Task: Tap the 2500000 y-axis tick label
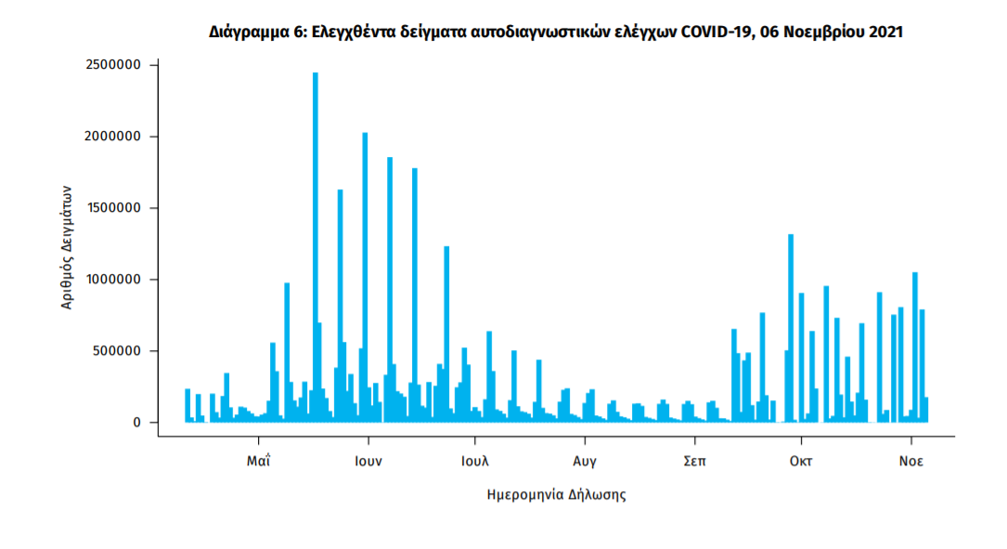pos(110,66)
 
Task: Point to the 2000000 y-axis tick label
pos(110,137)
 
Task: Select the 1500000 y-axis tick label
pos(110,209)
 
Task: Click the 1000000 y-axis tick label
pos(110,281)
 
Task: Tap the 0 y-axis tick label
pos(136,423)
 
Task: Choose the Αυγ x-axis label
pos(584,460)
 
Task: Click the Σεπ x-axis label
pos(691,460)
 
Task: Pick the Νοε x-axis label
pos(910,460)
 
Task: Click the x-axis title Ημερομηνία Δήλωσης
pos(556,495)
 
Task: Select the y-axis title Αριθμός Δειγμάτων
pos(67,244)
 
